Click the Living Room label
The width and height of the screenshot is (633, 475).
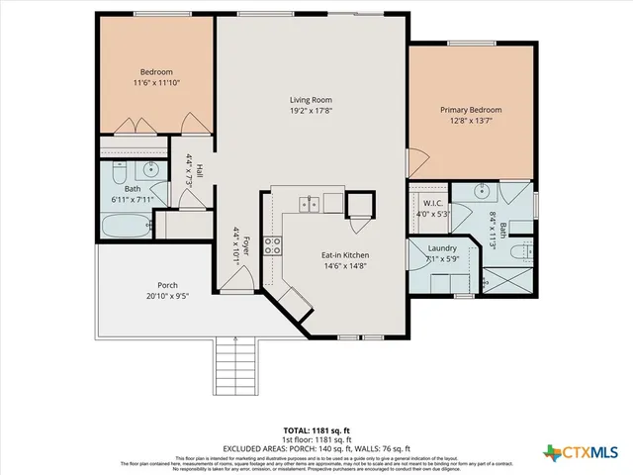point(310,100)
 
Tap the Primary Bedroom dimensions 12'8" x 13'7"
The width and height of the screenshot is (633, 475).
point(471,121)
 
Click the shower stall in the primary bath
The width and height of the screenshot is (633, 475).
point(513,278)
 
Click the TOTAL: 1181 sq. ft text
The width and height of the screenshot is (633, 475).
point(316,430)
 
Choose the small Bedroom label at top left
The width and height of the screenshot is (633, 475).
point(156,72)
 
